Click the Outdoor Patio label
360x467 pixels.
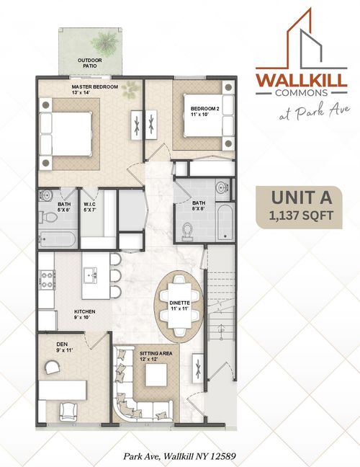tap(90, 63)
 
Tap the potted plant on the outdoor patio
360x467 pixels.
tap(104, 43)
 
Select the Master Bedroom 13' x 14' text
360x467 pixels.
tap(94, 89)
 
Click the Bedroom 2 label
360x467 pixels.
tap(204, 111)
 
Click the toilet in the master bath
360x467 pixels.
tap(48, 217)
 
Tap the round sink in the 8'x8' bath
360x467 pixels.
tap(222, 188)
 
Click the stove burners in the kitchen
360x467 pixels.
tap(48, 280)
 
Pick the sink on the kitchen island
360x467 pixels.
tap(91, 275)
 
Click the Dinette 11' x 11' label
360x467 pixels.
tap(179, 306)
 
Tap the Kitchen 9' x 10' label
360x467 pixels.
tap(84, 314)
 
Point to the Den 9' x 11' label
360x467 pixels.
tap(65, 347)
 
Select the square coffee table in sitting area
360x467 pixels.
tap(156, 375)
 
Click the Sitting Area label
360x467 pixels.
tap(156, 354)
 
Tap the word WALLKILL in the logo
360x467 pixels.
tap(301, 79)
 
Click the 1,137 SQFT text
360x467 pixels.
tap(301, 215)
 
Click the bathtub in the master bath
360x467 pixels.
tap(57, 239)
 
